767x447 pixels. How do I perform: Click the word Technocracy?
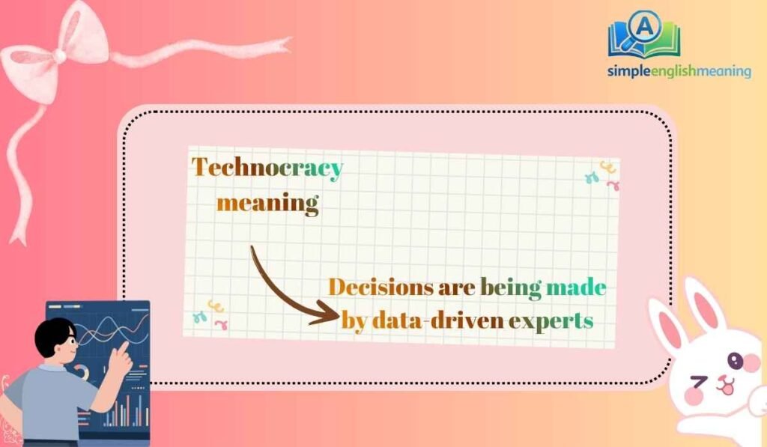pos(267,168)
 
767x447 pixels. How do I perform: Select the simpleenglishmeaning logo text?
pos(679,71)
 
